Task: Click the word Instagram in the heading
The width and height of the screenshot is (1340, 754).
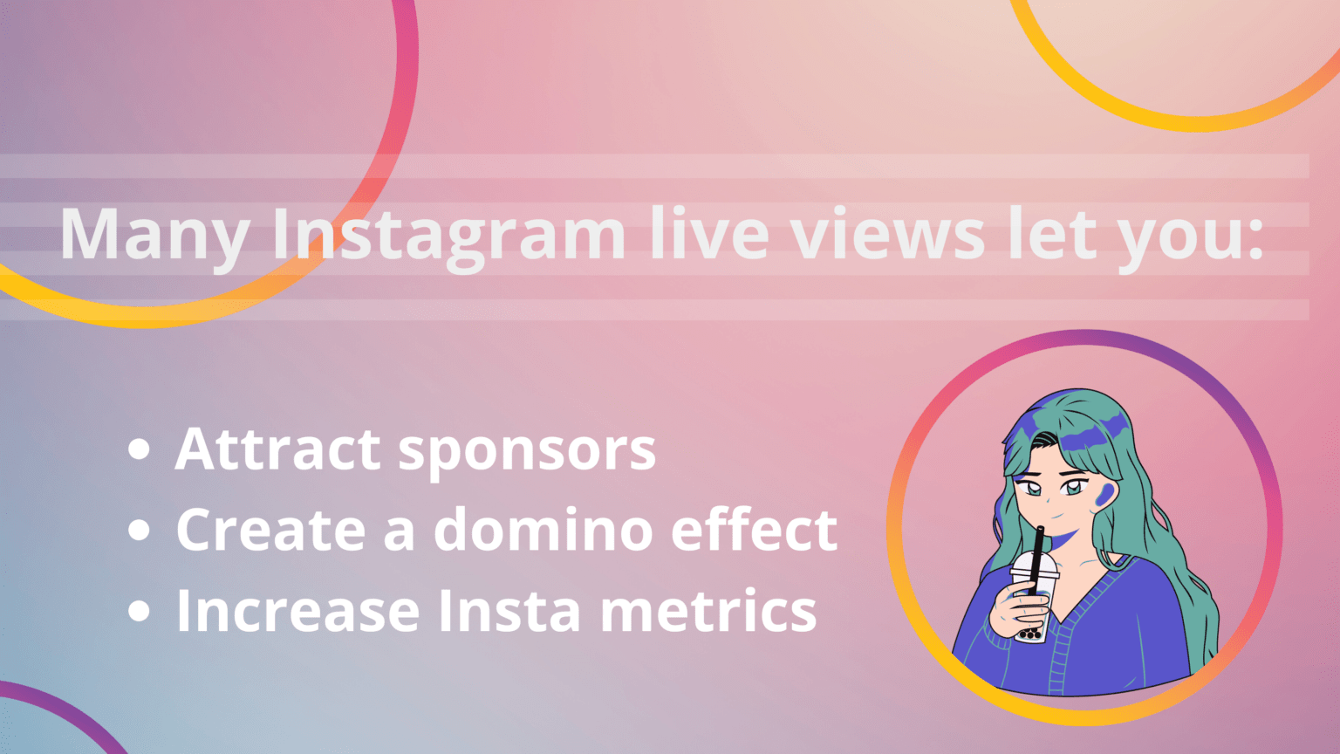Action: tap(448, 235)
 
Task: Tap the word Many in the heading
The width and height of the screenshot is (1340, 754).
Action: tap(154, 235)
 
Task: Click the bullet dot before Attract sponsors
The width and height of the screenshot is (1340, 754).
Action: tap(139, 450)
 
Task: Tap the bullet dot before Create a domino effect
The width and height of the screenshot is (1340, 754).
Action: tap(139, 530)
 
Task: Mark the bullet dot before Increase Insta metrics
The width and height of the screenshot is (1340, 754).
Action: tap(139, 610)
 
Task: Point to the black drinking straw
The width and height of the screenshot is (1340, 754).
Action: tap(1037, 555)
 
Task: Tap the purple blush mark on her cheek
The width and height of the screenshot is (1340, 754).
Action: tap(1104, 494)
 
